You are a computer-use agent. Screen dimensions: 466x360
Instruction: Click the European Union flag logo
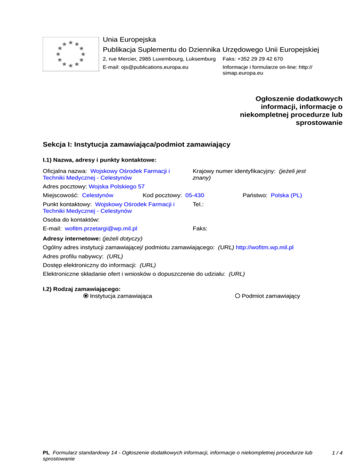click(x=70, y=53)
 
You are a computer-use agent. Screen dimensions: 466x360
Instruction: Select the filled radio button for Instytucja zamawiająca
click(x=86, y=296)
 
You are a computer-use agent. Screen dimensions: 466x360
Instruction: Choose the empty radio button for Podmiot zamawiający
click(x=238, y=296)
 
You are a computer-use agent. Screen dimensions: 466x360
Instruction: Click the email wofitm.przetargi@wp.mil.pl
click(x=101, y=228)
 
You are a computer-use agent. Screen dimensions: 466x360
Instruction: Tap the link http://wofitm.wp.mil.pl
click(x=265, y=247)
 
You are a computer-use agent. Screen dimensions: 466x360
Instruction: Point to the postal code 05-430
click(x=195, y=195)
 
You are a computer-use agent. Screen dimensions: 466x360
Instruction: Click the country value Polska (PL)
click(x=286, y=195)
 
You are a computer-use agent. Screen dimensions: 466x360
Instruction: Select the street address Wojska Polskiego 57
click(x=117, y=186)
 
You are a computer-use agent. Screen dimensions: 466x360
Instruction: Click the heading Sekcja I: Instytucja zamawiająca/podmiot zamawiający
click(x=136, y=144)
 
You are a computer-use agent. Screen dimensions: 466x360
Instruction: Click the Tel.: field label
click(x=199, y=204)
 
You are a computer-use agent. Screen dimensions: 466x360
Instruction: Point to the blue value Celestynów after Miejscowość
click(x=97, y=195)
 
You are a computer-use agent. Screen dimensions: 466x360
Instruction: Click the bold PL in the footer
click(x=46, y=453)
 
